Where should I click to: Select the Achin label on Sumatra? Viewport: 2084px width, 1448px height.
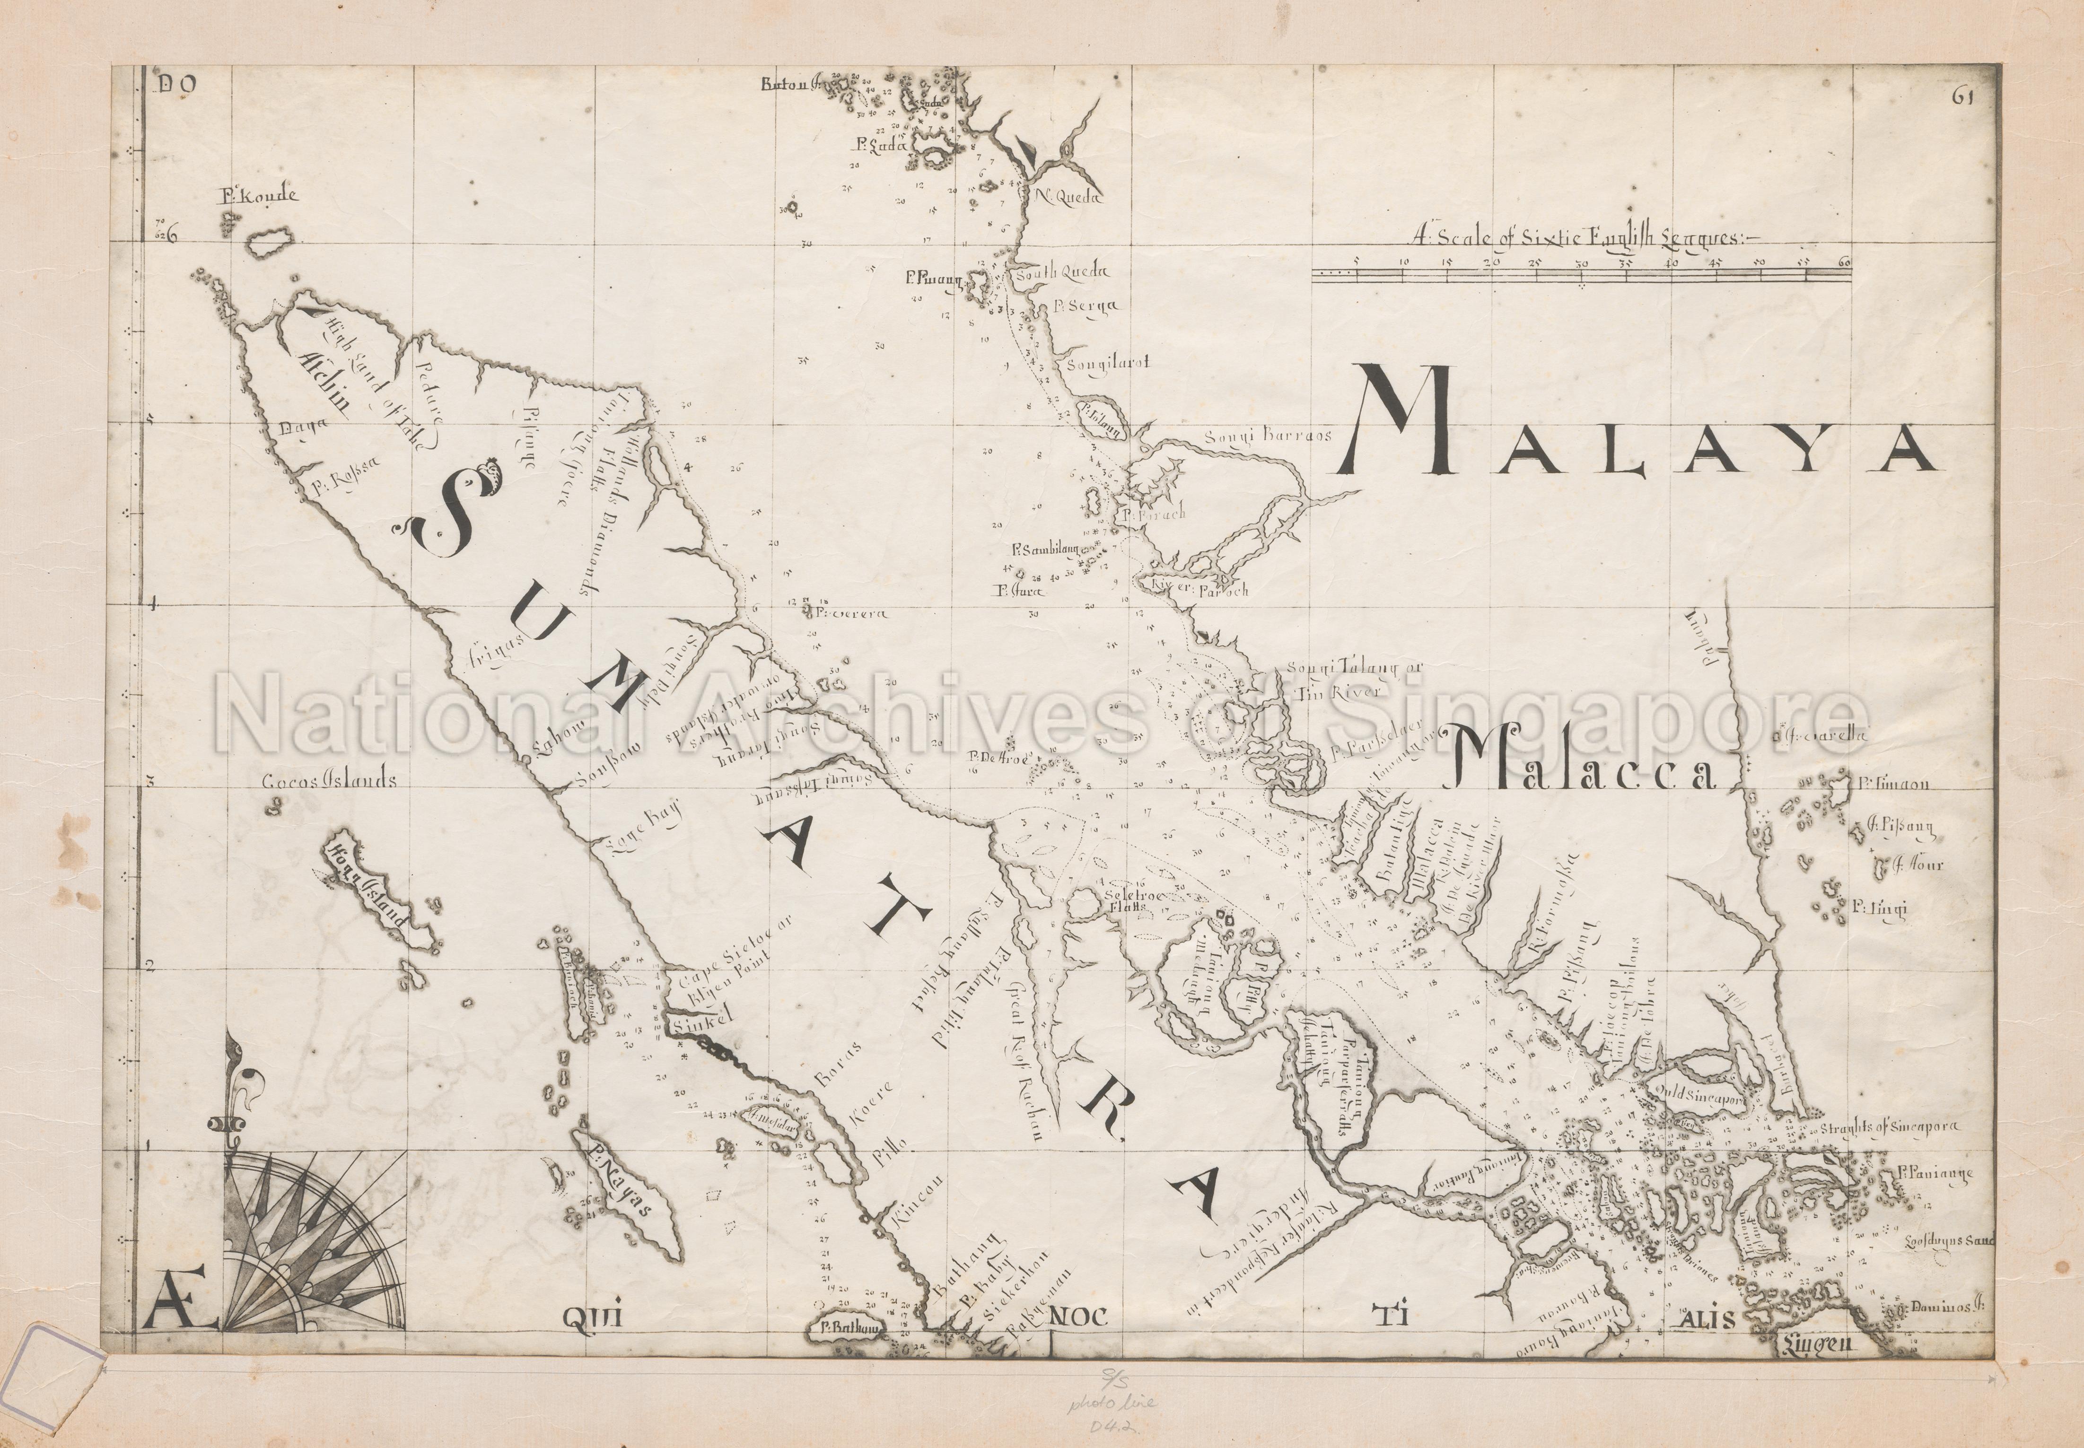(x=319, y=395)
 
